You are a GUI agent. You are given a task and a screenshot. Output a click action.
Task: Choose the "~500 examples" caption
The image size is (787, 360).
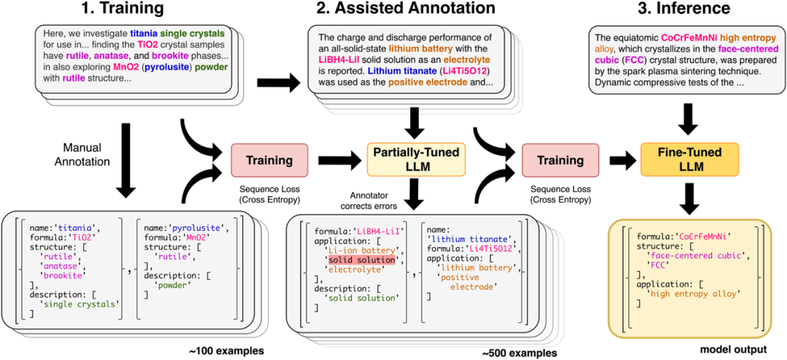[514, 352]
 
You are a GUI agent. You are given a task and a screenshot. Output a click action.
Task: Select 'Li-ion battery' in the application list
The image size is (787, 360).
[358, 250]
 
